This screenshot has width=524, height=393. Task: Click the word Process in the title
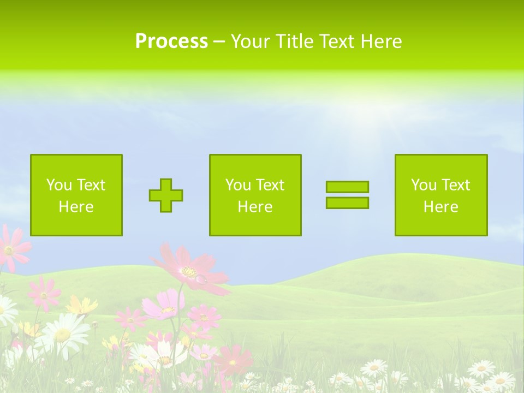pyautogui.click(x=171, y=41)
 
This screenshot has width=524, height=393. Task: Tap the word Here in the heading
pyautogui.click(x=381, y=41)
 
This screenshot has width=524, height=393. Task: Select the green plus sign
pyautogui.click(x=166, y=195)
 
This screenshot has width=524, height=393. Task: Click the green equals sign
pyautogui.click(x=347, y=195)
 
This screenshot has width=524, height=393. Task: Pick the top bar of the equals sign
pyautogui.click(x=347, y=187)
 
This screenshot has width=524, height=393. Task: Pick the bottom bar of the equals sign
pyautogui.click(x=347, y=203)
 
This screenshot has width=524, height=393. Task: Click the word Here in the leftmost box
pyautogui.click(x=76, y=207)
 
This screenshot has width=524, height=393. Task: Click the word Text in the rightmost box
pyautogui.click(x=456, y=185)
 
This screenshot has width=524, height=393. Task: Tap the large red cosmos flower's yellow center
pyautogui.click(x=189, y=271)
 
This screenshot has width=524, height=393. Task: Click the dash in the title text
pyautogui.click(x=219, y=42)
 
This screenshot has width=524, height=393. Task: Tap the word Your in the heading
pyautogui.click(x=251, y=41)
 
